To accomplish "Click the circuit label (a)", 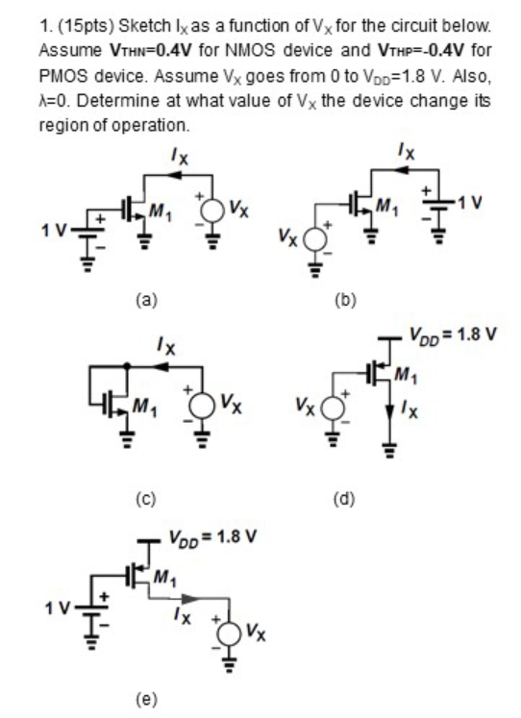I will point(143,300).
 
